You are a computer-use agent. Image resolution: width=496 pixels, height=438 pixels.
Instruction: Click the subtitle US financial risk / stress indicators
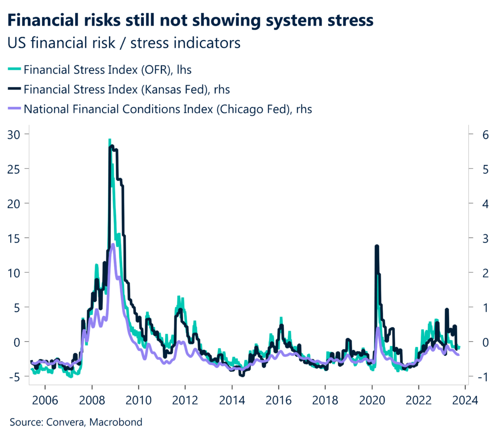[x=124, y=43]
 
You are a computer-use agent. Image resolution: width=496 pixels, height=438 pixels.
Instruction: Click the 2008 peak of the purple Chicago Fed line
[x=113, y=244]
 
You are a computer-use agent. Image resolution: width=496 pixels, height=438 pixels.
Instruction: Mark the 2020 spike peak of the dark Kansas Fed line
[x=376, y=246]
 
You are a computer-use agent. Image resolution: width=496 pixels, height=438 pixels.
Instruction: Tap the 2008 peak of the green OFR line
[x=109, y=140]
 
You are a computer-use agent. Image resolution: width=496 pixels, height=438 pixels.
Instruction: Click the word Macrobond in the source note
[x=119, y=422]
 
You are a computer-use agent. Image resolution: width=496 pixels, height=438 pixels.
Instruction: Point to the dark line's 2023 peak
[x=447, y=309]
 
